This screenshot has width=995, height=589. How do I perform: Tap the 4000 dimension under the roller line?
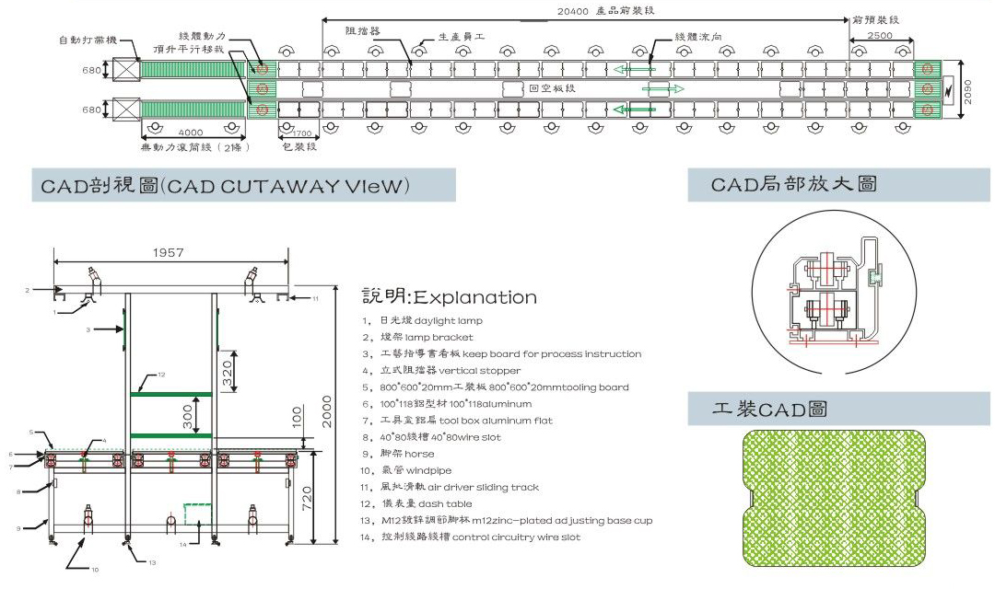tap(192, 132)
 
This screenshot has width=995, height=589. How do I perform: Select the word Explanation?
tap(475, 297)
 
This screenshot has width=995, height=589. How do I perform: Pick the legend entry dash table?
tap(446, 503)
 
